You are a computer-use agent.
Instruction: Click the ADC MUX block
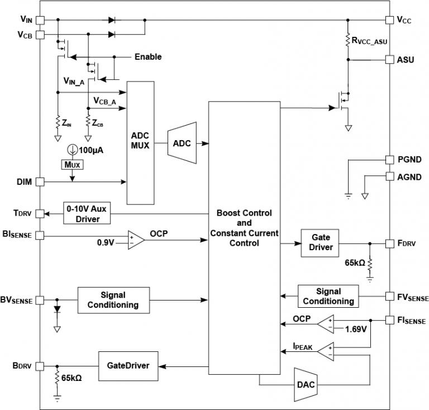[x=140, y=142]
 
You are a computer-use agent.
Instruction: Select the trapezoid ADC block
[x=182, y=143]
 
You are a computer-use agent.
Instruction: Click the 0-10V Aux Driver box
[x=86, y=214]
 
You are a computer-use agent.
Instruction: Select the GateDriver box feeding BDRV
[x=127, y=365]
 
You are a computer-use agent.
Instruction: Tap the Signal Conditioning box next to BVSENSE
[x=113, y=300]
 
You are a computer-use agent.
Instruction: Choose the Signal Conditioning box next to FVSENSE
[x=327, y=296]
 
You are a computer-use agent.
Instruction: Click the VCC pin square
[x=389, y=20]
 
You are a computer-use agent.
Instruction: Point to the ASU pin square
[x=389, y=59]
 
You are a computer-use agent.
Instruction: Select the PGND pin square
[x=389, y=159]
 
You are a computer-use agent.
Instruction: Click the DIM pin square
[x=41, y=182]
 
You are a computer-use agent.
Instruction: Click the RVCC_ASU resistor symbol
[x=347, y=40]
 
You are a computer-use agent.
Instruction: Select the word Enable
[x=148, y=57]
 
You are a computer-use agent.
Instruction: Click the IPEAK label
[x=303, y=347]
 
